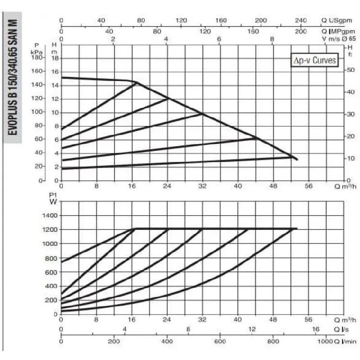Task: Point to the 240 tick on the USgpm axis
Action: [x=301, y=20]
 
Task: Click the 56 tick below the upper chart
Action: [x=308, y=186]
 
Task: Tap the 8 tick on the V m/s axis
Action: [x=272, y=39]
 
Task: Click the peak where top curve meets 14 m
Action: [x=136, y=82]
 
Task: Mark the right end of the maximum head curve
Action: [x=297, y=159]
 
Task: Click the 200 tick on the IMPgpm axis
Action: [x=301, y=31]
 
